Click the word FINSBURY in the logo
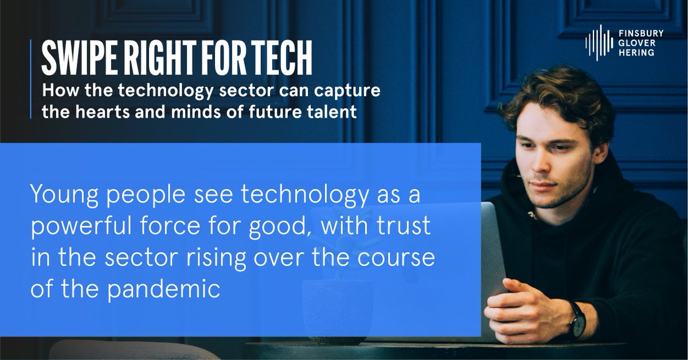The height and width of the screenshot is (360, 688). tap(644, 34)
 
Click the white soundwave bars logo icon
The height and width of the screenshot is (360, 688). tap(599, 43)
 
